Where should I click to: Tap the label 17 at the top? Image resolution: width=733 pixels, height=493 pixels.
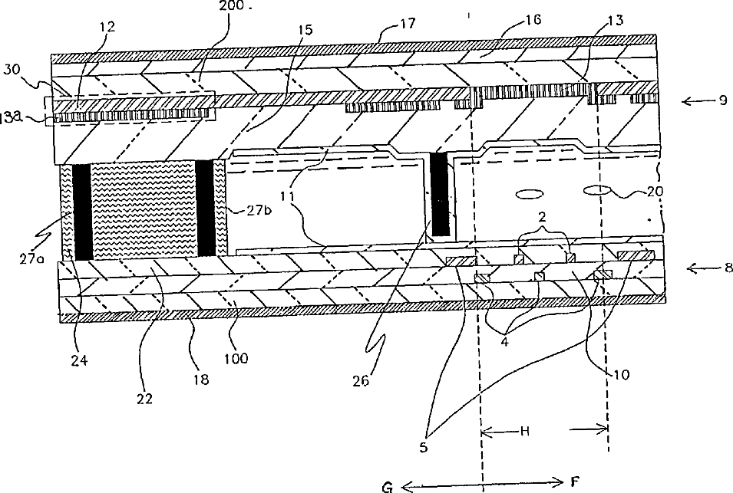click(408, 24)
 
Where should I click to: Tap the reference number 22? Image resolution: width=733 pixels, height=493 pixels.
click(144, 398)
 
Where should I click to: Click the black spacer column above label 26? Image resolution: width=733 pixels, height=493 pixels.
click(440, 194)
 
